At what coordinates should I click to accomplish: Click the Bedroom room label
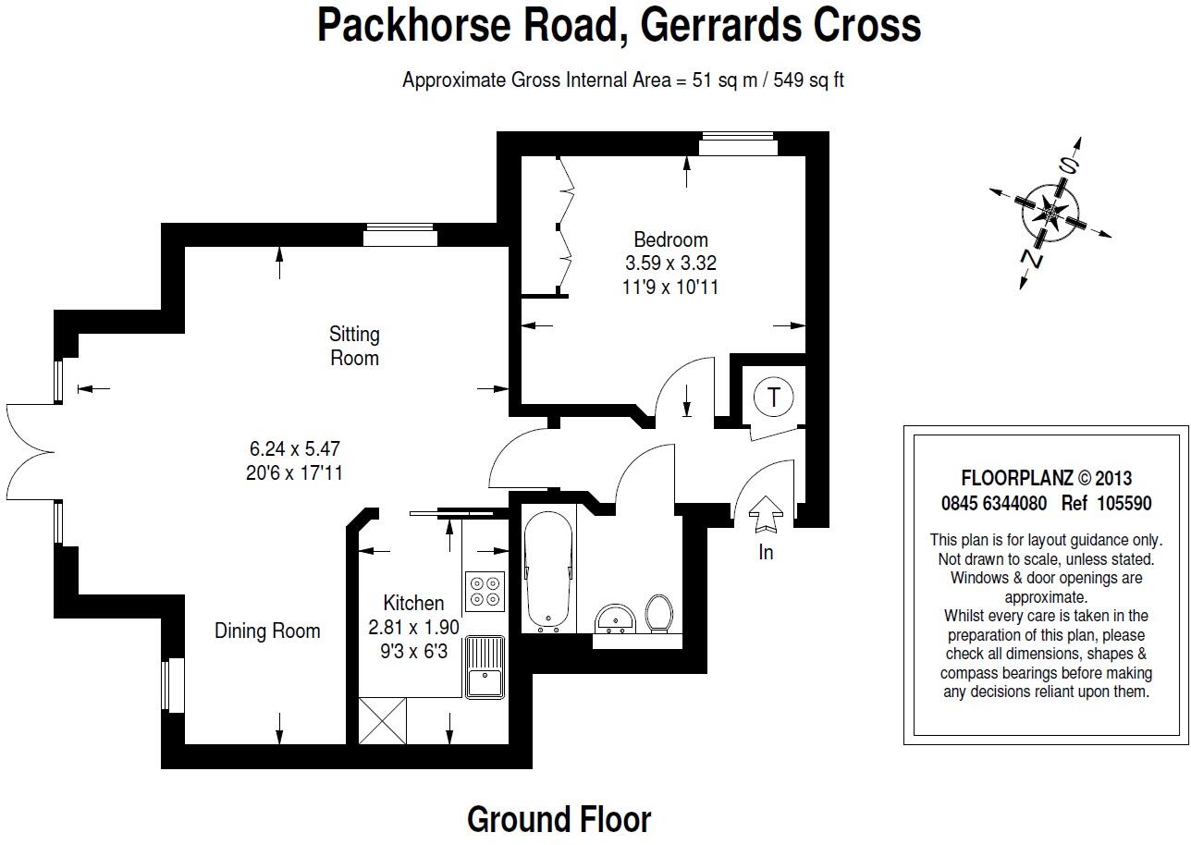670,239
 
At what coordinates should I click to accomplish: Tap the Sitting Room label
354,346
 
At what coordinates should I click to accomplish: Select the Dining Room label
267,631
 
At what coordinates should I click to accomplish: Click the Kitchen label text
413,604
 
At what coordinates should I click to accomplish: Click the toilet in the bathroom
658,613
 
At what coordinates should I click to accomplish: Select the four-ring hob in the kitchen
485,590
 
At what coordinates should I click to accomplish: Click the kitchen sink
485,668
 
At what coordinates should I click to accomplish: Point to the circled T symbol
773,398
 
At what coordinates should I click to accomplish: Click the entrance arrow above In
765,514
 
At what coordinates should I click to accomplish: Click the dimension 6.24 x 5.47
295,449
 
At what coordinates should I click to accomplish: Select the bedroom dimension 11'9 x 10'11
670,287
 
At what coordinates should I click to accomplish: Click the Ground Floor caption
559,819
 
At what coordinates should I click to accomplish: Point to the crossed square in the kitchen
383,719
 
